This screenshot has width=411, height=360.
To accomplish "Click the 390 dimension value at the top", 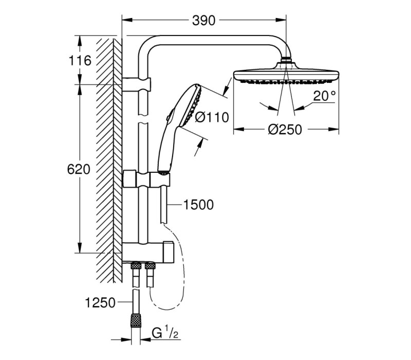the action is pos(203,21).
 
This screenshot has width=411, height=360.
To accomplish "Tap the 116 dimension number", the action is pos(80,61).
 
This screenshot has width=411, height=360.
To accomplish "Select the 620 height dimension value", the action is pos(79,169).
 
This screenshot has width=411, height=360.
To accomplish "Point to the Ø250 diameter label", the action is pos(285,130).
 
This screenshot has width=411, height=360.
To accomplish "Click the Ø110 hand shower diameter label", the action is pos(212,117).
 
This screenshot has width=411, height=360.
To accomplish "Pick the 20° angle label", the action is pos(325,96).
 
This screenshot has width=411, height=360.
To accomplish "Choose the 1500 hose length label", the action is pos(198,205).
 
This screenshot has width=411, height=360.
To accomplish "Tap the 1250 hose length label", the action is pos(100,303).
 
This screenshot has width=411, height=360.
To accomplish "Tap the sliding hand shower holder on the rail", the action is pos(146,179).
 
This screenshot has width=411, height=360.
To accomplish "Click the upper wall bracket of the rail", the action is pos(137,84).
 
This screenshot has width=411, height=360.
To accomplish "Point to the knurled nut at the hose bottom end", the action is pos(136,320).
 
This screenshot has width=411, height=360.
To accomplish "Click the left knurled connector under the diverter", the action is pos(136,266).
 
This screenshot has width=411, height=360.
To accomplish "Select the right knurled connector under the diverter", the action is pos(150,266).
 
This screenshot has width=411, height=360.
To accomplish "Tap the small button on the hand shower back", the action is pos(170,115).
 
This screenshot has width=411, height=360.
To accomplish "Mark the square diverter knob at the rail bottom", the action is pos(169,251).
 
